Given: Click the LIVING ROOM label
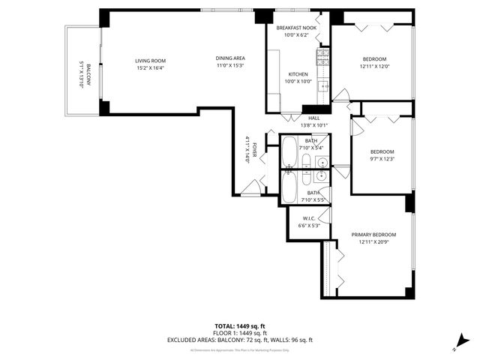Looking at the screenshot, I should [150, 61].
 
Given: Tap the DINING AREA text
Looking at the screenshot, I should [230, 58].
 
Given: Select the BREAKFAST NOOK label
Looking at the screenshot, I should [296, 28].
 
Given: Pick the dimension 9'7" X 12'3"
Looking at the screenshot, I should [382, 158].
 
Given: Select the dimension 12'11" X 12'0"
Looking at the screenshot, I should [374, 67].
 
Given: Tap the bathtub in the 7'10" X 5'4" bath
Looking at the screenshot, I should [289, 154].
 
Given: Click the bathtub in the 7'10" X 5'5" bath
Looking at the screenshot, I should [289, 188].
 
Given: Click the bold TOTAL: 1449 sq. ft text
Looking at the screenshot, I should [240, 326].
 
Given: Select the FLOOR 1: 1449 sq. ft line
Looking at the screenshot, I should [240, 333].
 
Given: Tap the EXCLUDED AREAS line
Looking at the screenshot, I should [240, 340].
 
